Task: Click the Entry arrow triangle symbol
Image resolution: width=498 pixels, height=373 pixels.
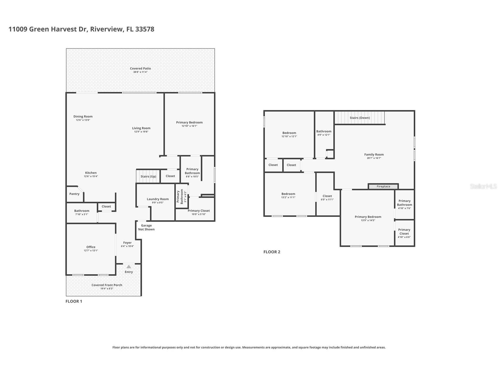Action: click(129, 267)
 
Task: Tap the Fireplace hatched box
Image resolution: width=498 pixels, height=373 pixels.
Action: click(383, 186)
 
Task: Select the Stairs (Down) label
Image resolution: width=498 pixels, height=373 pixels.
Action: click(359, 118)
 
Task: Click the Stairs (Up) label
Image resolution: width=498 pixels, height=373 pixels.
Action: click(148, 177)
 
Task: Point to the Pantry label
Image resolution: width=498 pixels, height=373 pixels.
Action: click(74, 194)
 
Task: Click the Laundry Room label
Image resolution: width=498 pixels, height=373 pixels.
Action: click(158, 199)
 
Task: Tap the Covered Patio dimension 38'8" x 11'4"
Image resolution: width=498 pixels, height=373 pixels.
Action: click(140, 72)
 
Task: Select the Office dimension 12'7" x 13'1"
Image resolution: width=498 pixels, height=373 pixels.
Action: click(91, 251)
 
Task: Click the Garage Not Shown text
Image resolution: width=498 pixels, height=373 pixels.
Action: click(146, 228)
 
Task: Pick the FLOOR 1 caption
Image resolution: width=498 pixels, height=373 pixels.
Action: click(74, 301)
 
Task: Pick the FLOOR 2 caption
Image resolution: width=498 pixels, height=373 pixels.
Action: click(272, 252)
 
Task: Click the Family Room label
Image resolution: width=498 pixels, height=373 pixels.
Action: click(374, 155)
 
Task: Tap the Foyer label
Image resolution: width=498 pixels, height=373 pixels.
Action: click(127, 243)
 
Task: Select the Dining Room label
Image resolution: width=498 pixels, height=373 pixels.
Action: click(83, 116)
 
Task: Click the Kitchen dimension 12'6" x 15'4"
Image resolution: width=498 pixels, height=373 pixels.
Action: click(91, 177)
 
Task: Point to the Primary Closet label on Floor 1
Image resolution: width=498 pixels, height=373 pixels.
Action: click(199, 211)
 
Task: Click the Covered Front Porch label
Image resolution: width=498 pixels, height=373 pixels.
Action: click(107, 285)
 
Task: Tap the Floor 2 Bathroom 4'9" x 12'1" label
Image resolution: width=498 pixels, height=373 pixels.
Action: click(324, 131)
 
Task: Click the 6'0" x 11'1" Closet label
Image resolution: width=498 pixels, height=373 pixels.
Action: click(327, 196)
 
